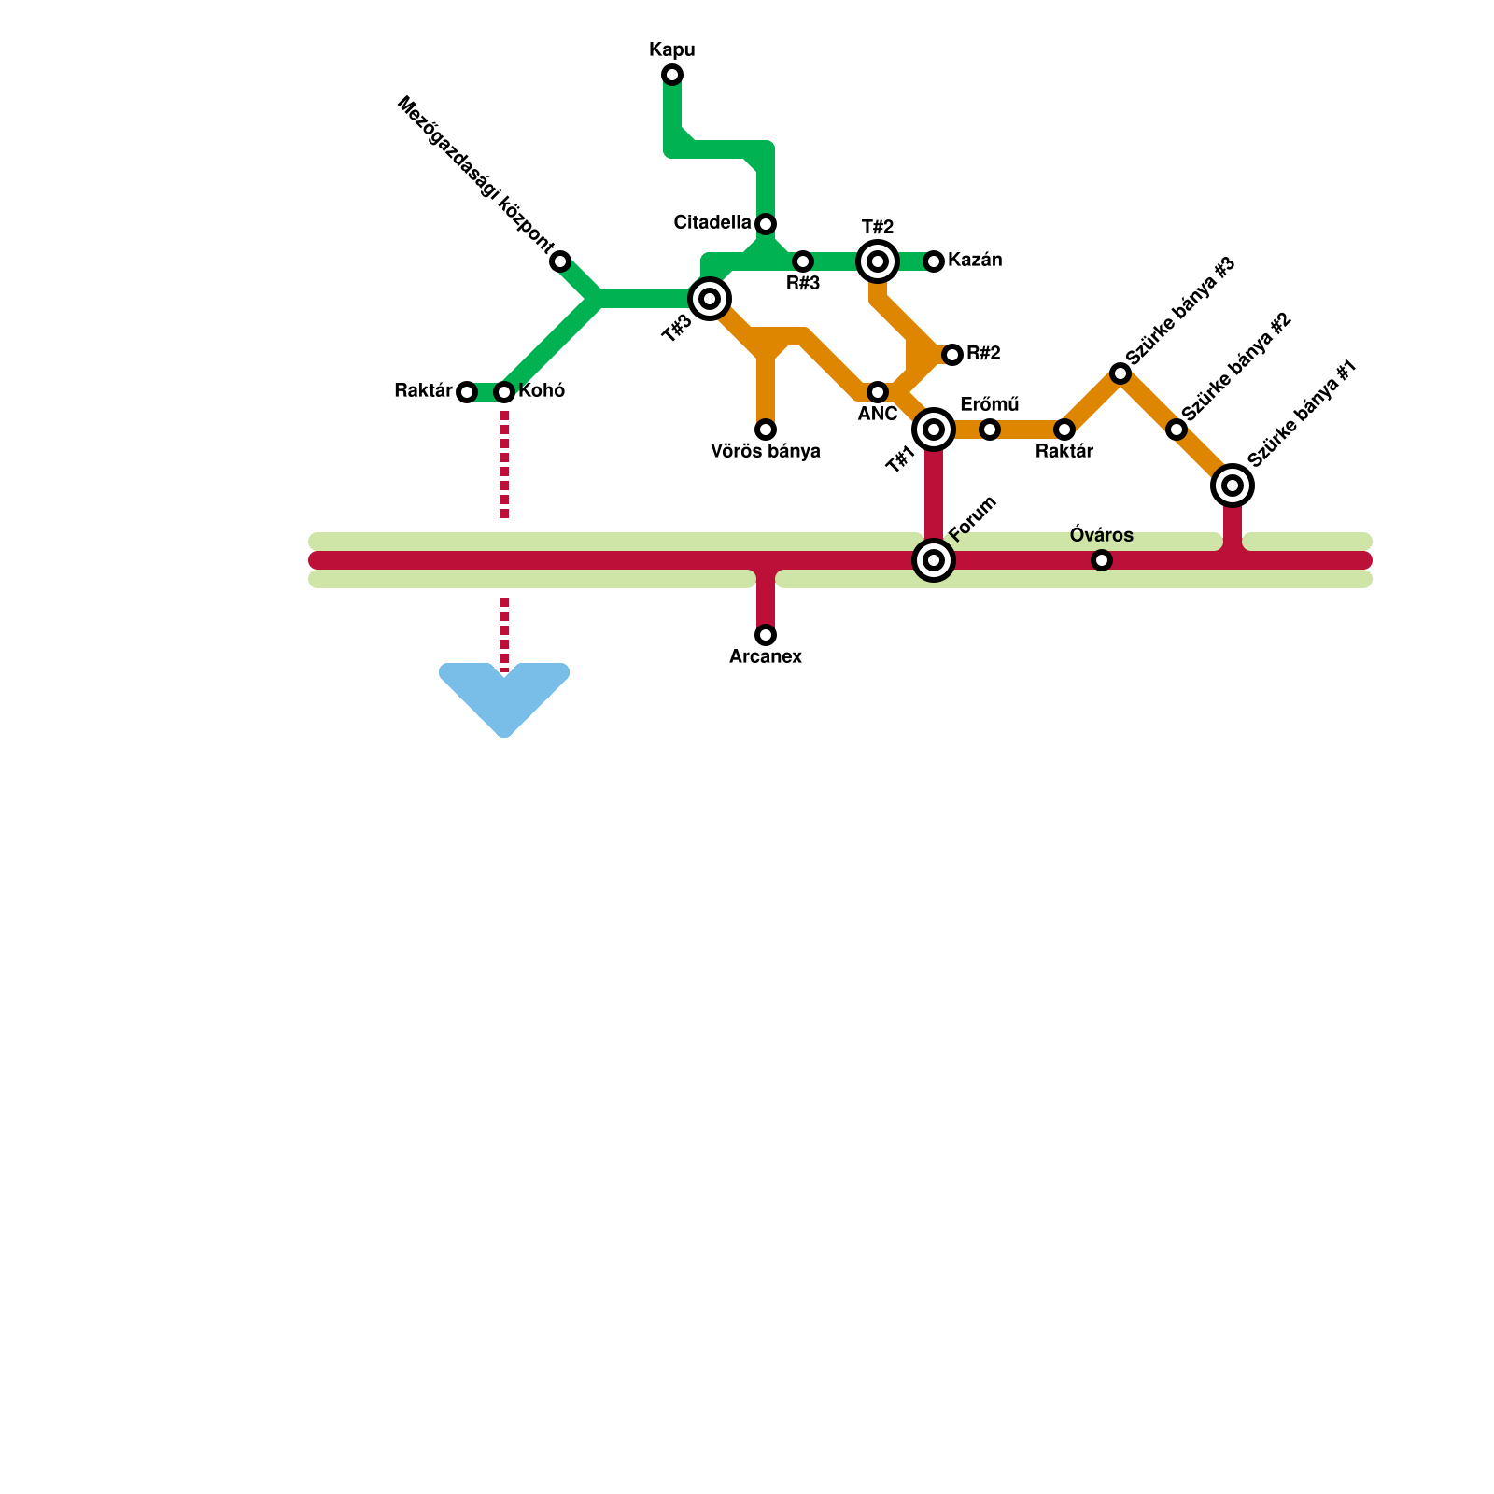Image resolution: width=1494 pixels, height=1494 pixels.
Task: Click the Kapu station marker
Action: click(x=672, y=75)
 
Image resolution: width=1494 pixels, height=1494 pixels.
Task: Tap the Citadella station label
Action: click(x=712, y=223)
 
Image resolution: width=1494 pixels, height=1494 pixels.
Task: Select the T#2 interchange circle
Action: click(x=878, y=261)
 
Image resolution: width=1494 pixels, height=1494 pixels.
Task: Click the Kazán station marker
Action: click(x=934, y=261)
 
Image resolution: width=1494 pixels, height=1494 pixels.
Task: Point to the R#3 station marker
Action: click(x=803, y=261)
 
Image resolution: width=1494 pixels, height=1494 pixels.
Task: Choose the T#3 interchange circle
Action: click(x=710, y=299)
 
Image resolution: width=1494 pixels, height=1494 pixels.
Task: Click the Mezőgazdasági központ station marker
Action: click(x=560, y=261)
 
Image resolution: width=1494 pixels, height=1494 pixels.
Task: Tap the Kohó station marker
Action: click(x=504, y=392)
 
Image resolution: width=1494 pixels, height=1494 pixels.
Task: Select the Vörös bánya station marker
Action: click(x=766, y=430)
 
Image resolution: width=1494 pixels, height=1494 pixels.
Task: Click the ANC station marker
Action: click(x=878, y=392)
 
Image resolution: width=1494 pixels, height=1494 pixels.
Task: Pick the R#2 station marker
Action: click(x=952, y=355)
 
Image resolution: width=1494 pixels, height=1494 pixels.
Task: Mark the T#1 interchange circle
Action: click(x=934, y=430)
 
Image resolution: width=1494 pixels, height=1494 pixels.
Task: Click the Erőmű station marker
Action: click(x=990, y=430)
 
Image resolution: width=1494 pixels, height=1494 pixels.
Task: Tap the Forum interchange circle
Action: click(x=934, y=560)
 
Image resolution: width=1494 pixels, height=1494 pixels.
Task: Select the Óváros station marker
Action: click(x=1102, y=560)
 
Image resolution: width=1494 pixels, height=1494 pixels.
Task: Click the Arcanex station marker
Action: click(x=766, y=635)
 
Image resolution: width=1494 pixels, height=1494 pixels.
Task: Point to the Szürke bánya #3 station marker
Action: click(x=1120, y=373)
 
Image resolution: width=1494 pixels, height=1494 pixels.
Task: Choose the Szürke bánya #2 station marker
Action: click(x=1177, y=430)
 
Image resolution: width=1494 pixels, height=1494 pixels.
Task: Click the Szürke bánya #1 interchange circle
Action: click(x=1233, y=486)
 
